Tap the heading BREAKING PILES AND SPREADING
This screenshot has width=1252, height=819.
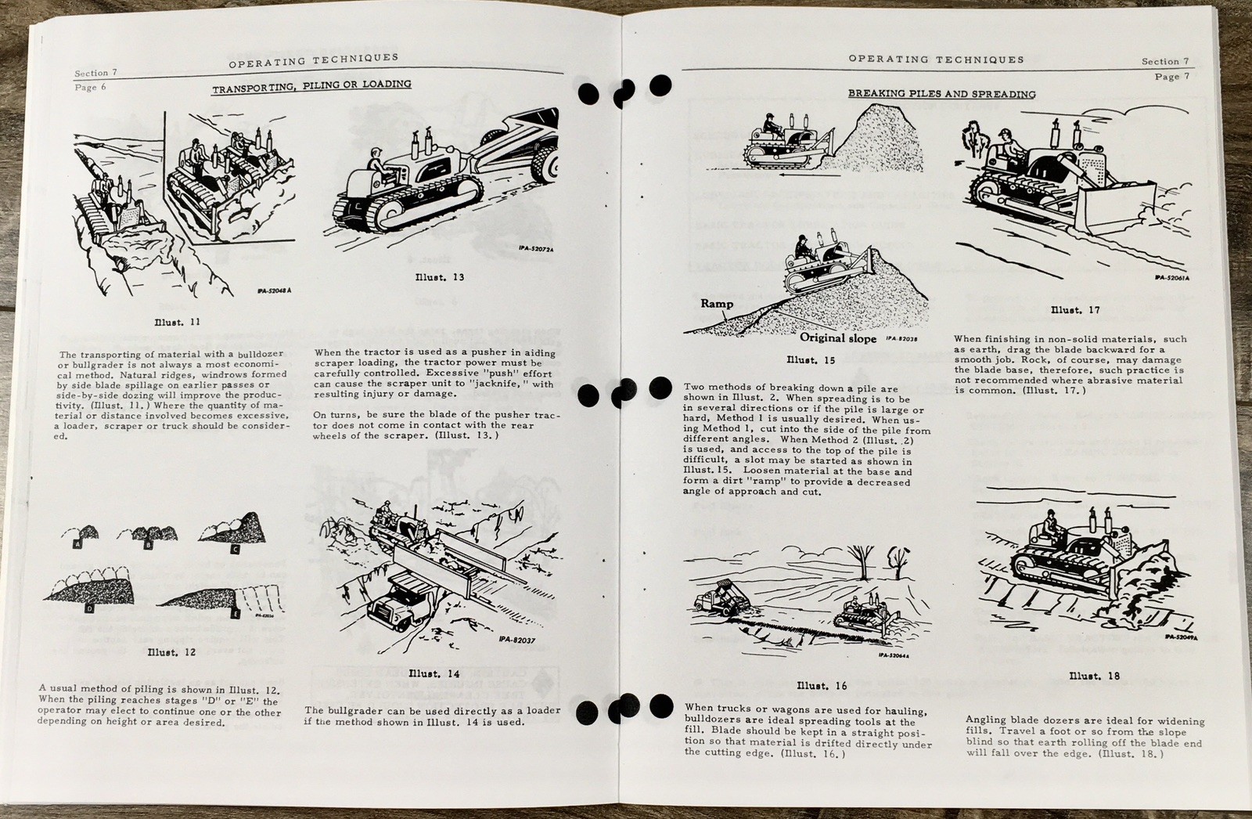tap(941, 94)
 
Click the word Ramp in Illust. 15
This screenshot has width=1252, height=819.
tap(717, 304)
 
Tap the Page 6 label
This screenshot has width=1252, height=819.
tap(86, 88)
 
